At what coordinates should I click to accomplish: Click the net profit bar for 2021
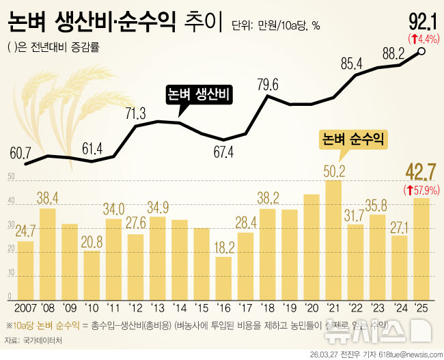[x=333, y=239]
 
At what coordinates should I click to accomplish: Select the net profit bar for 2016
[x=223, y=277]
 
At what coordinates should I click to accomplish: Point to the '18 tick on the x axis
[x=268, y=307]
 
